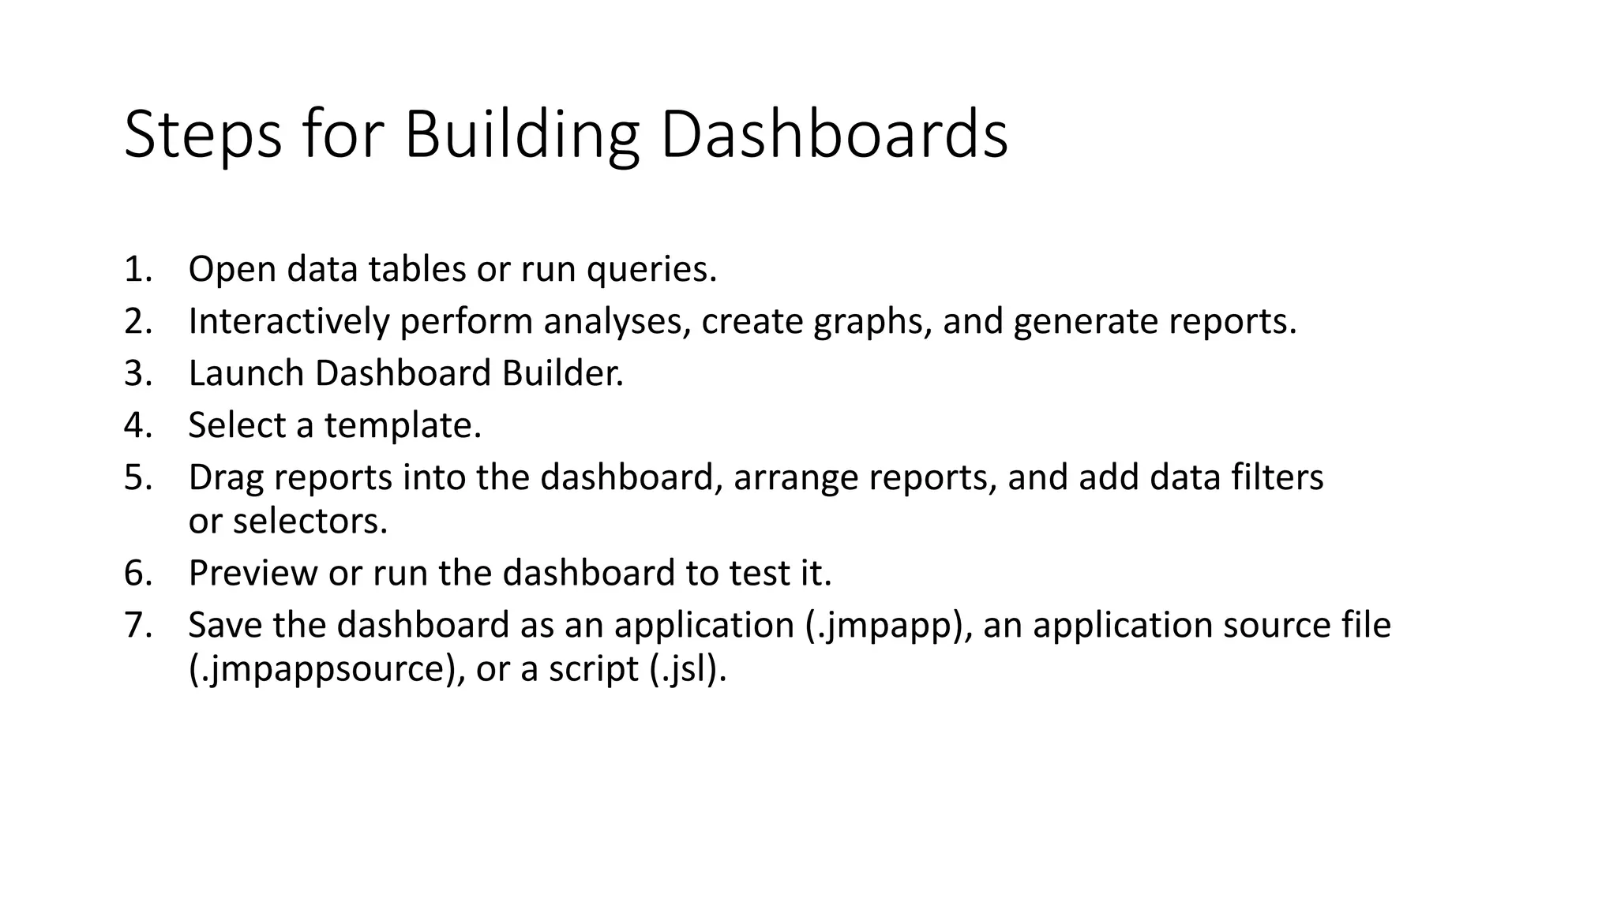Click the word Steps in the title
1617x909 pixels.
tap(203, 136)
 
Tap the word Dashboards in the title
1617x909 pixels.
tap(834, 136)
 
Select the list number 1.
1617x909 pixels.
tap(137, 270)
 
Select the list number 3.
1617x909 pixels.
tap(137, 374)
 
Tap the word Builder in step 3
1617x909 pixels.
tap(562, 374)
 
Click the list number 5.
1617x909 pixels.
tap(137, 478)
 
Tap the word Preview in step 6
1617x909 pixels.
tap(253, 574)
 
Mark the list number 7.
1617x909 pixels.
tap(137, 626)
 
